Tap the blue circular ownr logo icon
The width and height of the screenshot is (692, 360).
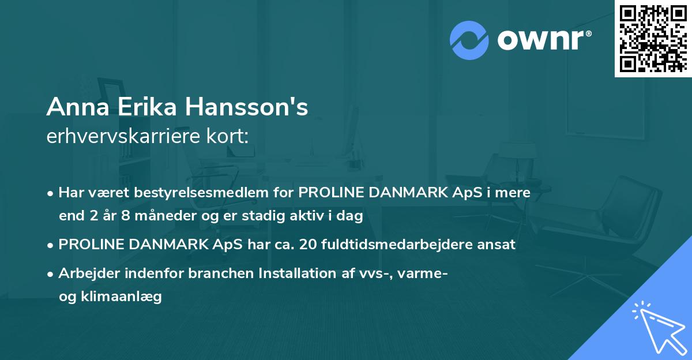click(469, 40)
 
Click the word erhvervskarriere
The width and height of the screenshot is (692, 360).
click(118, 137)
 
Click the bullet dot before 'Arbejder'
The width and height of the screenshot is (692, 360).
click(51, 274)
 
